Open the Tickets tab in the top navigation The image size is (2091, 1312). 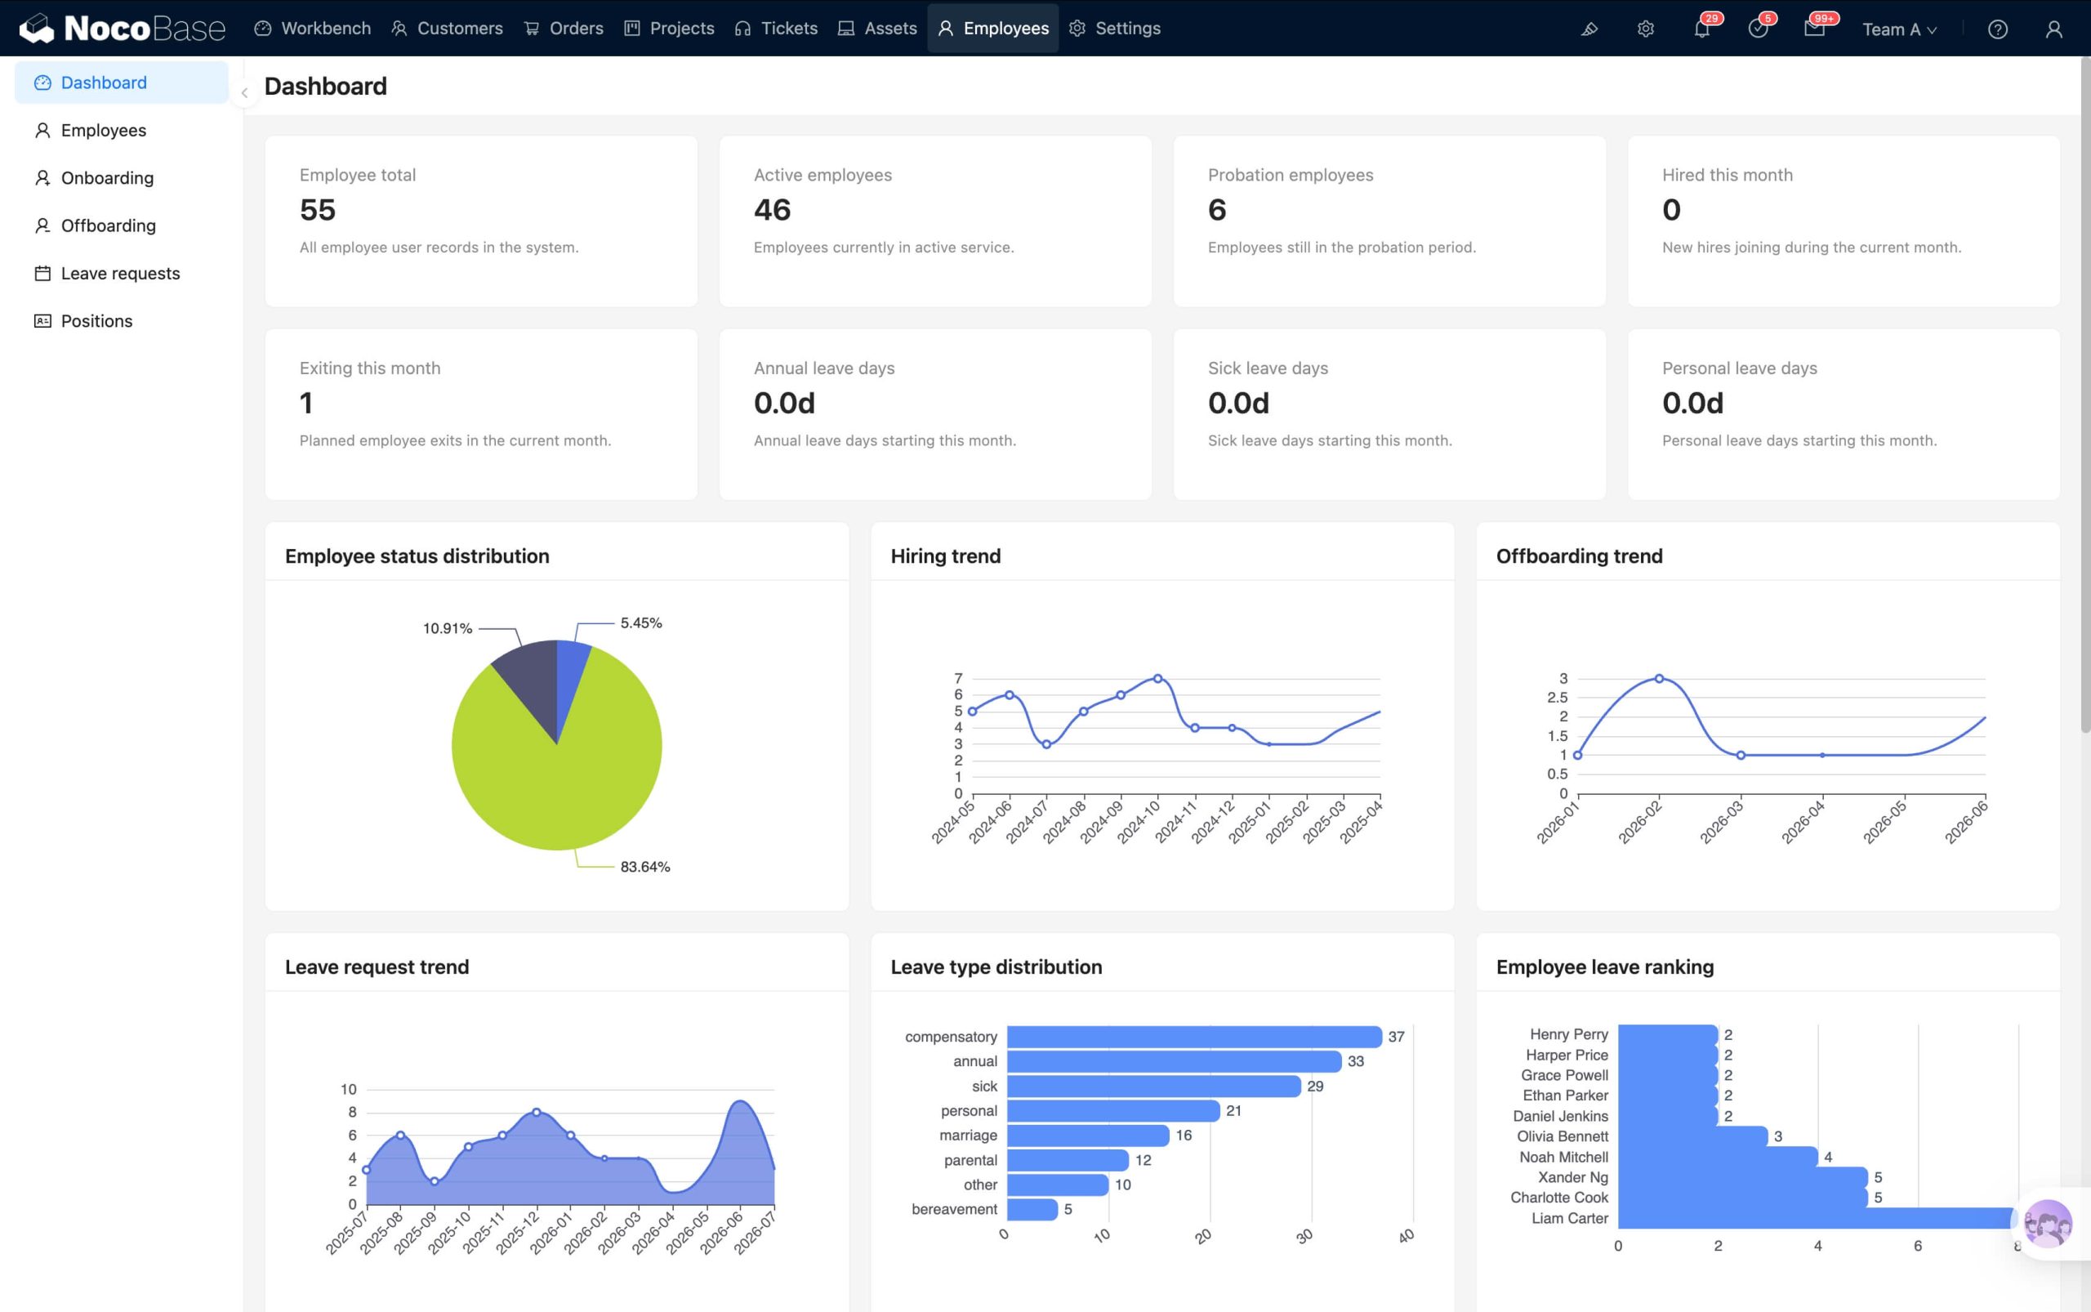[776, 29]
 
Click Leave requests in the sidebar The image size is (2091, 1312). [121, 274]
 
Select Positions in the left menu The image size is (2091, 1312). [96, 321]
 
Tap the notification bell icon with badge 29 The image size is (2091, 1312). [1701, 29]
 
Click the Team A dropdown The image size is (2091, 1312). [1898, 29]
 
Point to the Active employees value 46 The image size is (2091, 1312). [772, 210]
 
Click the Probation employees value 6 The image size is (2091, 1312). [1217, 210]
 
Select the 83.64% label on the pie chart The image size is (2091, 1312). [644, 867]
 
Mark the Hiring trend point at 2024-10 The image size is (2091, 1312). [1157, 679]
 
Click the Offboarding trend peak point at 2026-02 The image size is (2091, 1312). [1659, 679]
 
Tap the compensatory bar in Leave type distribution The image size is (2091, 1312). [1194, 1037]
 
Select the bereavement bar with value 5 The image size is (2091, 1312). [1032, 1210]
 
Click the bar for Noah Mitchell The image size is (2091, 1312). [1718, 1157]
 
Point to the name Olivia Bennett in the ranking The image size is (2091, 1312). [1562, 1136]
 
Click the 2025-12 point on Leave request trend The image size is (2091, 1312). [536, 1113]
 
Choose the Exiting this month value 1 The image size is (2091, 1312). [305, 404]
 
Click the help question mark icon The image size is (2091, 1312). [1997, 29]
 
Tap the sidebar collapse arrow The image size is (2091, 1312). [245, 93]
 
